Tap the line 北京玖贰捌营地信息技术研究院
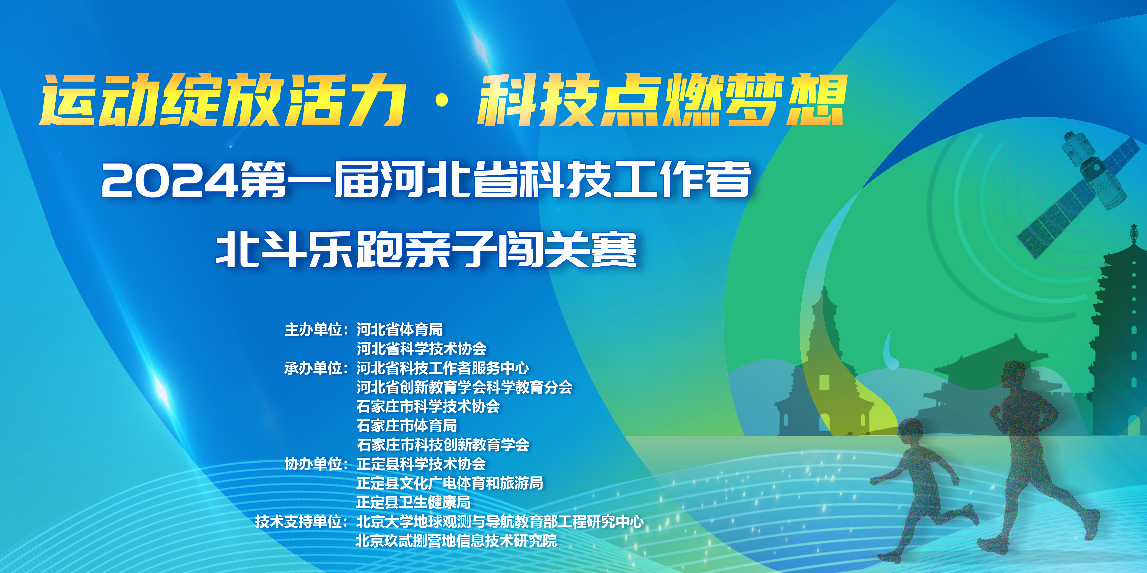coord(456,541)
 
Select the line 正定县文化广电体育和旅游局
coord(450,483)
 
